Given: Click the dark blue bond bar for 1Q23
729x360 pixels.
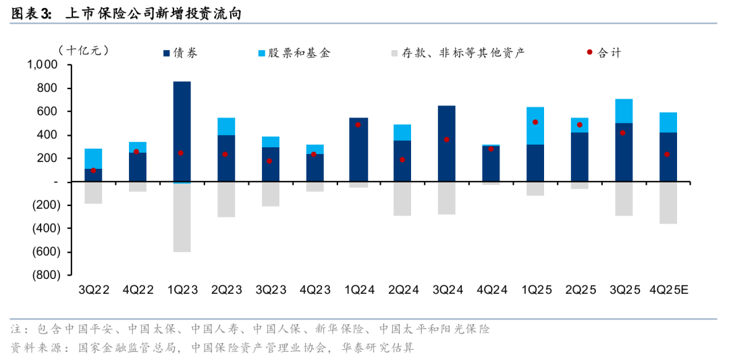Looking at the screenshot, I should (182, 132).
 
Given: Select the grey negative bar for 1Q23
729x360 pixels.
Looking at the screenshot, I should (182, 217).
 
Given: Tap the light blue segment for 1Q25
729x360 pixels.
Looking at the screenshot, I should (535, 126).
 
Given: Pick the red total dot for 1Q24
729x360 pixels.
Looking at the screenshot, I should (358, 125).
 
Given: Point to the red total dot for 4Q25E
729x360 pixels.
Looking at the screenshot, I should (668, 155).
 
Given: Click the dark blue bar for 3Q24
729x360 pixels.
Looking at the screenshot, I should (446, 143).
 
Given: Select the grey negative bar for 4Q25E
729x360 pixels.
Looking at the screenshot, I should (668, 203).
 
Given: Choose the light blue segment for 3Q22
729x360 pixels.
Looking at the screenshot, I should (93, 158).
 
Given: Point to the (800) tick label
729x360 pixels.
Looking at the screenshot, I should (45, 276).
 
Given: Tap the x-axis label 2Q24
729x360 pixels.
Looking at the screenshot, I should (402, 290).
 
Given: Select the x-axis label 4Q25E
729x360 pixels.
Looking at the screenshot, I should (668, 290).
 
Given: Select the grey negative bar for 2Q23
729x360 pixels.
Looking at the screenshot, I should (225, 199).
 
